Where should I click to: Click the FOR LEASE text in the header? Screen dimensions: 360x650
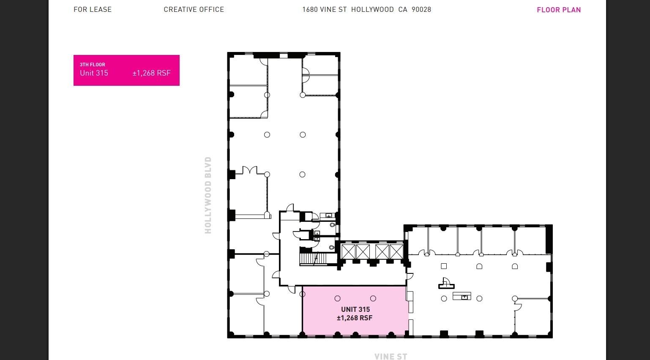[93, 9]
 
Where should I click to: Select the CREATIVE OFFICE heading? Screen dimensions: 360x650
[194, 9]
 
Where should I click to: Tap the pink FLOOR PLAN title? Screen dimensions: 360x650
[559, 10]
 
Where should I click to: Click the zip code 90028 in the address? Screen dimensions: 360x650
[421, 9]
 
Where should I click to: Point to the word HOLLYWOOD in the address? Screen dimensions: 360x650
[372, 9]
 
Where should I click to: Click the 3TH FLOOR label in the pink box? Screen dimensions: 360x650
[93, 65]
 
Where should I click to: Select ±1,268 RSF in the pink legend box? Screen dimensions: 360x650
[151, 73]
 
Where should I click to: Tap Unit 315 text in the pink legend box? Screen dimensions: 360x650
[94, 73]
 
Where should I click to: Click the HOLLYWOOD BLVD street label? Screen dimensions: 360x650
[208, 195]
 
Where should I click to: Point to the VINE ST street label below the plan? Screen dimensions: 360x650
[391, 356]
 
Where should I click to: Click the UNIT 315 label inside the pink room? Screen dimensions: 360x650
[355, 309]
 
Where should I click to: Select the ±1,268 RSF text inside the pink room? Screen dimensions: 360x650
[355, 318]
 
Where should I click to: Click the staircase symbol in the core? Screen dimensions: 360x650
[313, 259]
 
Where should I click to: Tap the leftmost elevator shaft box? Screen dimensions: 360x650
[349, 252]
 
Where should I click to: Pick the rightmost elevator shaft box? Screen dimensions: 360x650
[397, 252]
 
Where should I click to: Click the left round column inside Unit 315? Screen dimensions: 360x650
[337, 298]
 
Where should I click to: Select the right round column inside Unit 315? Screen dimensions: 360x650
[373, 298]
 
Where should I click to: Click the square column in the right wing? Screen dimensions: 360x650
[444, 266]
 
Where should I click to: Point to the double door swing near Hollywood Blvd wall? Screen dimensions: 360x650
[250, 170]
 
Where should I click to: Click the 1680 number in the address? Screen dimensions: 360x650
[310, 9]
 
